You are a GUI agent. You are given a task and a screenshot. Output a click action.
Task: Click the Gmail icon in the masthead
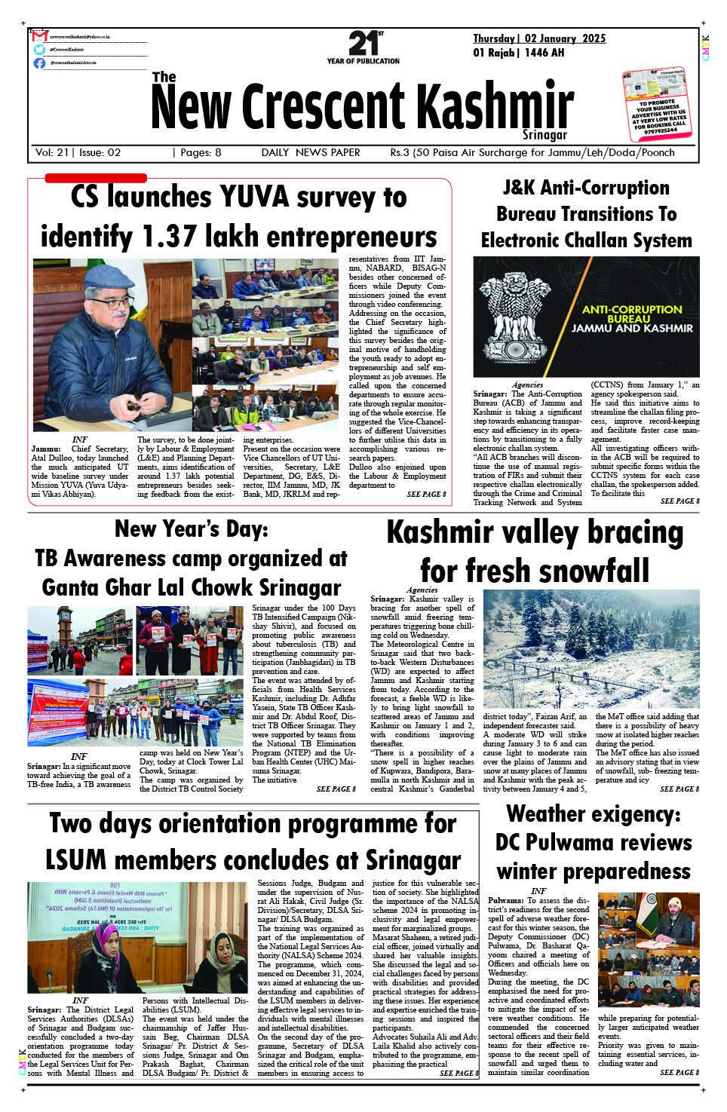[x=40, y=36]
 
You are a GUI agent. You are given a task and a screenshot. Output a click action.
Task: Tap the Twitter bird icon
[x=39, y=49]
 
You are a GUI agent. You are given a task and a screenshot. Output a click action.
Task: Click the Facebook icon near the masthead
[x=39, y=63]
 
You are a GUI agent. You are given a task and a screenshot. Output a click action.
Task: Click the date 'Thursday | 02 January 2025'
[x=539, y=38]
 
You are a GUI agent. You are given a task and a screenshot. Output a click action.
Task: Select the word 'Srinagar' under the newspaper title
[x=544, y=135]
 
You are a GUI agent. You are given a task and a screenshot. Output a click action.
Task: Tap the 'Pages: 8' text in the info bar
[x=197, y=152]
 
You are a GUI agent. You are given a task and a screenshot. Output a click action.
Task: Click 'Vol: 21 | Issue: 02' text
[x=78, y=152]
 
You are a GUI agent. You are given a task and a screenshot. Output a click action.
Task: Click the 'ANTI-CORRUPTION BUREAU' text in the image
[x=632, y=314]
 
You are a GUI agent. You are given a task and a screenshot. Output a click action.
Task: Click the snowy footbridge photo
[x=590, y=650]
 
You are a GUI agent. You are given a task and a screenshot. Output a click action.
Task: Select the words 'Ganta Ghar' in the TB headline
[x=108, y=587]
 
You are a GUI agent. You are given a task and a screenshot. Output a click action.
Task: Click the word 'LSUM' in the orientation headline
[x=76, y=860]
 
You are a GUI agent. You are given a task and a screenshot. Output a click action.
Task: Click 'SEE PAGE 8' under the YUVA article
[x=426, y=495]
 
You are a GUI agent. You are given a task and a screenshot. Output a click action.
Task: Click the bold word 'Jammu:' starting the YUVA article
[x=46, y=449]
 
